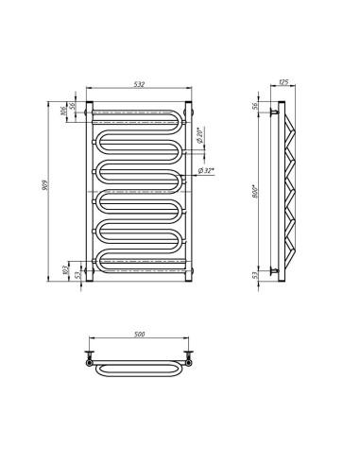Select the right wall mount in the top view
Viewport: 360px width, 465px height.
click(190, 359)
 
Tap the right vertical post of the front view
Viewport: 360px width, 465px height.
click(190, 189)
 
